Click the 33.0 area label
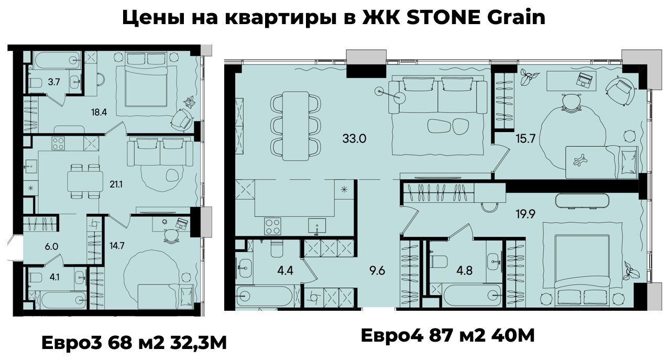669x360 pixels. [354, 139]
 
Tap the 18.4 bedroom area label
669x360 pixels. [99, 112]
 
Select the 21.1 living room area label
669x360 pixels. [116, 184]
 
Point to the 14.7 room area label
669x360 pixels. [117, 246]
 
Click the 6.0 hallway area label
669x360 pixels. [51, 246]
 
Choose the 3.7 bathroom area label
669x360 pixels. [54, 82]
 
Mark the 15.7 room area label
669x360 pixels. [525, 139]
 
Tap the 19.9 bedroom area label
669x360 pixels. [525, 214]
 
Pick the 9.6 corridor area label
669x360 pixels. [377, 271]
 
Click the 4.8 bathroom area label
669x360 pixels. [464, 271]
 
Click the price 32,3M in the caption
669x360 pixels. [198, 343]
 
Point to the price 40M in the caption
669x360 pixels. [512, 335]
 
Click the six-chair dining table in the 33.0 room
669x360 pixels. [295, 126]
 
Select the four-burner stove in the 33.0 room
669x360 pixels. [272, 226]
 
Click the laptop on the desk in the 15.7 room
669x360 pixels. [585, 80]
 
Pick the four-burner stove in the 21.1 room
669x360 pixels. [58, 143]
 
